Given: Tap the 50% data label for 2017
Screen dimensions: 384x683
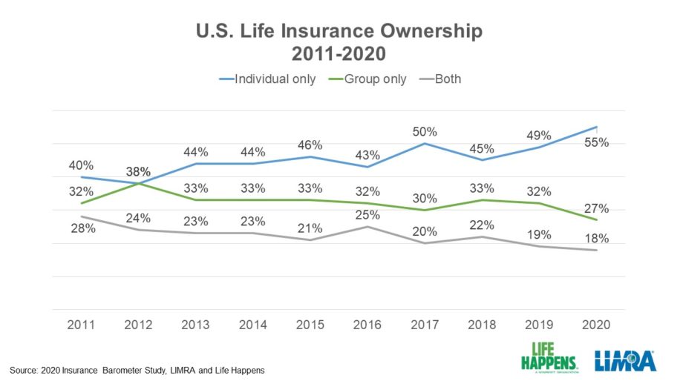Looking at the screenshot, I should pyautogui.click(x=425, y=131).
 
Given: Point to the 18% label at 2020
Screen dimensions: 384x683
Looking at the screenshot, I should pyautogui.click(x=597, y=239).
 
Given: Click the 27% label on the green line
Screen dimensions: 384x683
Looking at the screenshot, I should pyautogui.click(x=597, y=208).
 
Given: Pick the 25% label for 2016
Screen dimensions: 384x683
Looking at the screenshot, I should pyautogui.click(x=367, y=215).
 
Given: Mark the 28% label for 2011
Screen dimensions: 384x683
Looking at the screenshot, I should pyautogui.click(x=83, y=228).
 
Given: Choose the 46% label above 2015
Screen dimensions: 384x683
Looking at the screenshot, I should pyautogui.click(x=310, y=145).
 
